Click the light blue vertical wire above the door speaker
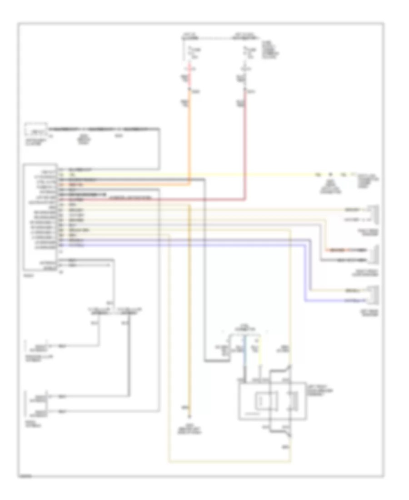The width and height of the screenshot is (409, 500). click(245, 359)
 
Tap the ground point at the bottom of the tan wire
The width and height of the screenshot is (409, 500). click(190, 417)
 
